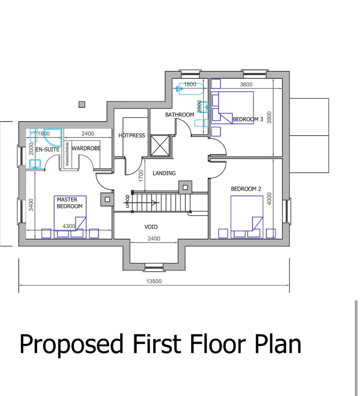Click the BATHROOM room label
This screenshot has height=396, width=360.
179,115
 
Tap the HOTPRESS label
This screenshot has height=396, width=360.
132,136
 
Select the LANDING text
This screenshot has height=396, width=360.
164,173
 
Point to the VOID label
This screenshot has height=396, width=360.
151,227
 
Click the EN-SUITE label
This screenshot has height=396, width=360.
48,150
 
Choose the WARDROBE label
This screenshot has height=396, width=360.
86,148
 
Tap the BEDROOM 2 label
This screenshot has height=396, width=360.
246,189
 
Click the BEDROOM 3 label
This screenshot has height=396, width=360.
248,119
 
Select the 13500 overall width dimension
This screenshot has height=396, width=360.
154,281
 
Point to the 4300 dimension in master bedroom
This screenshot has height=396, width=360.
68,226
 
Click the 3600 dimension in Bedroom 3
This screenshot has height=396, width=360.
246,85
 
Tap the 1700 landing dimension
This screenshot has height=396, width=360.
141,176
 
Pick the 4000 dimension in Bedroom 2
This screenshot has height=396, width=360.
269,199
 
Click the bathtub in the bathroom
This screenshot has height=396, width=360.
191,89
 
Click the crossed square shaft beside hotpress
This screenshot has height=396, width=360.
160,146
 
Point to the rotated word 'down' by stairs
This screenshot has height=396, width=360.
127,201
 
